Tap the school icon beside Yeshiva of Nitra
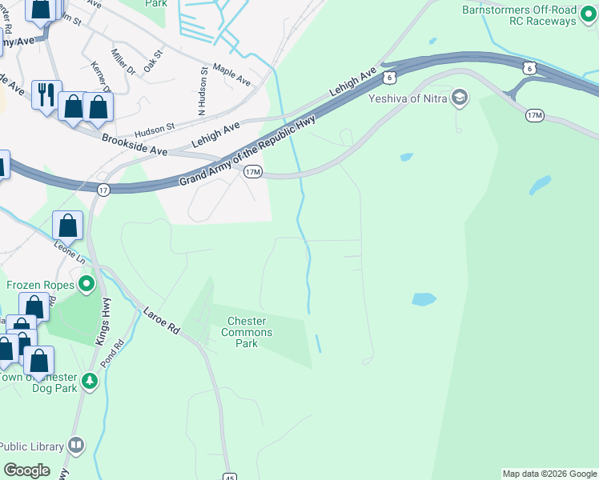pyautogui.click(x=460, y=98)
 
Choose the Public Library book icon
pyautogui.click(x=76, y=444)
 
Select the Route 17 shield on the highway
pyautogui.click(x=103, y=190)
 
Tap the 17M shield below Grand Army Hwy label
pyautogui.click(x=253, y=172)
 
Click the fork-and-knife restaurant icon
pyautogui.click(x=44, y=94)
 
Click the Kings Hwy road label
pyautogui.click(x=104, y=321)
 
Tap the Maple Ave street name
pyautogui.click(x=231, y=77)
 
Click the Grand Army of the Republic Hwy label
pyautogui.click(x=247, y=150)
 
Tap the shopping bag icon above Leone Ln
pyautogui.click(x=68, y=226)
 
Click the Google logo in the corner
pyautogui.click(x=26, y=470)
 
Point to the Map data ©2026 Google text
pyautogui.click(x=549, y=474)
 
